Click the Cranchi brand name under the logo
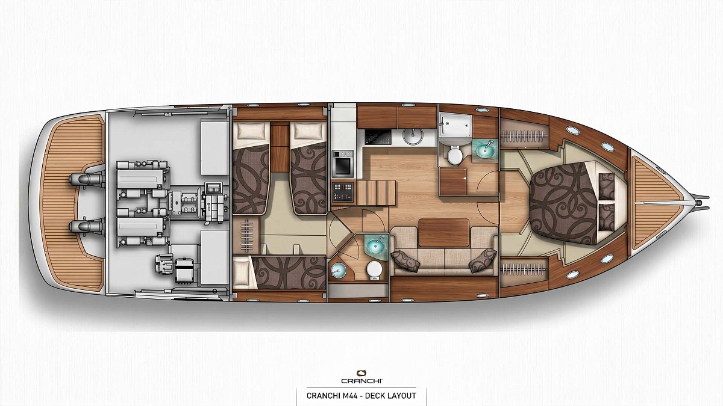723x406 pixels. point(362,381)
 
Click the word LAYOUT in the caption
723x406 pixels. point(402,395)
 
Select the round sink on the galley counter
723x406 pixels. point(413,137)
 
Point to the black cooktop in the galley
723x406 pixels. point(378,137)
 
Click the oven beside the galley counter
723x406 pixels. point(342,164)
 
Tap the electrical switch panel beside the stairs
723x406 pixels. point(343,192)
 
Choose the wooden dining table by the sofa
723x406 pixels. point(444,233)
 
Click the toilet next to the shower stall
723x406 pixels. point(455,155)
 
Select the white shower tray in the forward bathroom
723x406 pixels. point(455,126)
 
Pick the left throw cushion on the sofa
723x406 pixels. point(405,260)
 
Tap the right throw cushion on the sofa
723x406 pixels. point(483,260)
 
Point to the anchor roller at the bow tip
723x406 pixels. point(700,202)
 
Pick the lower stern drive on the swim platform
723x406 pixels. point(87,226)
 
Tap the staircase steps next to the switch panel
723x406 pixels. point(376,192)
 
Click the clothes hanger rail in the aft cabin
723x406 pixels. point(247,236)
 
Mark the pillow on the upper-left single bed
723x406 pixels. point(251,131)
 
